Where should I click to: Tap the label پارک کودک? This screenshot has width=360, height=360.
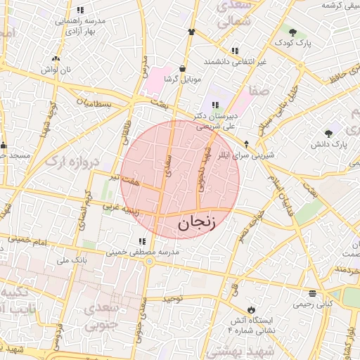(x=292, y=42)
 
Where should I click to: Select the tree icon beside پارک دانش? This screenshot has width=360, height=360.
(x=328, y=134)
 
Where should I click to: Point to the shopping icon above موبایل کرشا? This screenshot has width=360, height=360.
(x=183, y=69)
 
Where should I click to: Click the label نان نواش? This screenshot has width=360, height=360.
(x=56, y=70)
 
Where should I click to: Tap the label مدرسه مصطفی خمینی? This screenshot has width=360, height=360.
(x=137, y=252)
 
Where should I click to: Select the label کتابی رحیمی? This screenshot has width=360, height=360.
(x=313, y=304)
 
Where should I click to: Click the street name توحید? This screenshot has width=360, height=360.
(x=172, y=299)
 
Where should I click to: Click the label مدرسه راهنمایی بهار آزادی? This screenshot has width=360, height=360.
(x=81, y=26)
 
